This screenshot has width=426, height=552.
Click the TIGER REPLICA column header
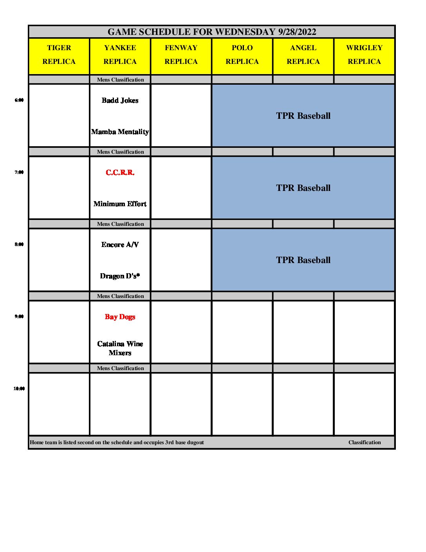click(x=59, y=54)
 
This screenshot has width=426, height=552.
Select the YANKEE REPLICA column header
click(x=120, y=54)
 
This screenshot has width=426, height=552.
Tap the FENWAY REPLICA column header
click(x=181, y=54)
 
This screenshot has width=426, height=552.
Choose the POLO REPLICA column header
click(x=242, y=54)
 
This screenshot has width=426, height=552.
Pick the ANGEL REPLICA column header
click(x=303, y=54)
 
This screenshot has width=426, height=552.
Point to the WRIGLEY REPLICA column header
click(x=365, y=54)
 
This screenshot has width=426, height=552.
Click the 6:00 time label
click(x=19, y=100)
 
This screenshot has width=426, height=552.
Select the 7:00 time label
click(x=19, y=172)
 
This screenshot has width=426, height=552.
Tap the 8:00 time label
click(x=19, y=244)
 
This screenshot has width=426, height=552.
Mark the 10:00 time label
click(x=19, y=389)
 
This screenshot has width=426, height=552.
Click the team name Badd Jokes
click(x=120, y=100)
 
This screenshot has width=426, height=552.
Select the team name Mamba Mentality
click(x=120, y=132)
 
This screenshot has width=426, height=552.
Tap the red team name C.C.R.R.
click(x=120, y=172)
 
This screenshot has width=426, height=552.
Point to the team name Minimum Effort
click(x=120, y=204)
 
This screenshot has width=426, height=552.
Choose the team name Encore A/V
click(x=120, y=245)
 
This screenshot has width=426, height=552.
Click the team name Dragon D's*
click(x=120, y=276)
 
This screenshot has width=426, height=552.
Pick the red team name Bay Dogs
click(x=120, y=317)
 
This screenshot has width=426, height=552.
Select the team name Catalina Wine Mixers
click(x=120, y=348)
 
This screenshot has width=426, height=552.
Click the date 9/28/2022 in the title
click(x=297, y=32)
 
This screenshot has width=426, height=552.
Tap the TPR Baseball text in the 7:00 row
click(x=303, y=188)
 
